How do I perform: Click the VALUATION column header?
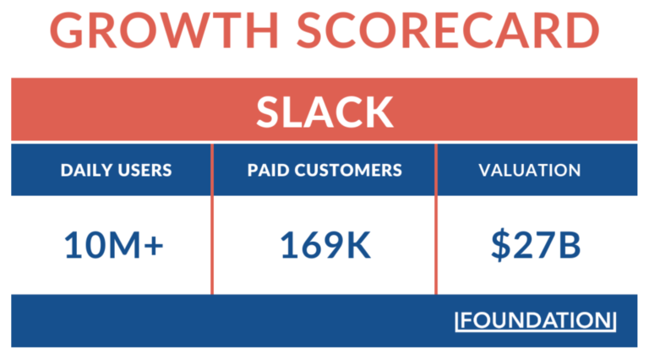point(530,170)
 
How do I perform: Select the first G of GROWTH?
point(70,31)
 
